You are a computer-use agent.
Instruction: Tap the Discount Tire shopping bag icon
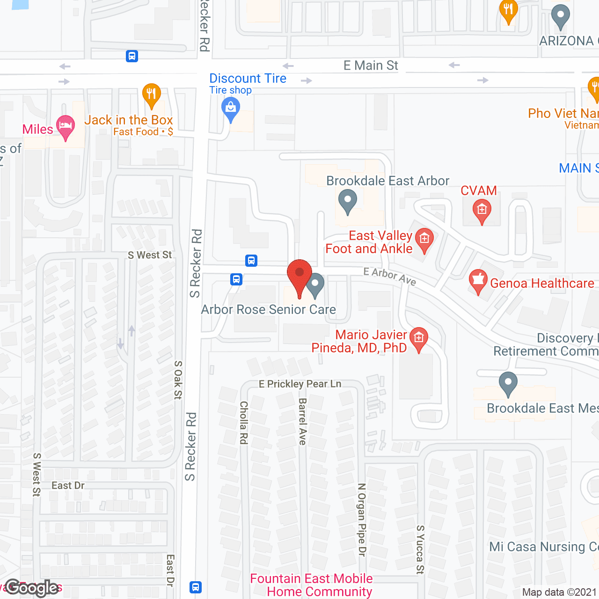click(x=230, y=109)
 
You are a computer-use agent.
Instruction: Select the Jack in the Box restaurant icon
click(x=151, y=95)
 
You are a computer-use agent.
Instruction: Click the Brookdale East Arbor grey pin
click(x=347, y=201)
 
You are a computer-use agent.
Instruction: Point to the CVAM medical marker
click(x=482, y=211)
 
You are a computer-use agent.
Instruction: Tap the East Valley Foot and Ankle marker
click(x=424, y=240)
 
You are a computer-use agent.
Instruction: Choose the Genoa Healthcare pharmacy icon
click(x=478, y=281)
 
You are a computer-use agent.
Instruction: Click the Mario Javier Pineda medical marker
click(x=418, y=338)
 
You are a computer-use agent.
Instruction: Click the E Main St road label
click(x=371, y=66)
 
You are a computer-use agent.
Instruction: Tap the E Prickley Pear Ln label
click(x=300, y=384)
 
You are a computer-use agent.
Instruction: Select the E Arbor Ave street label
click(x=390, y=276)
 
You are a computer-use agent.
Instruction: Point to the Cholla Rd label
click(x=243, y=422)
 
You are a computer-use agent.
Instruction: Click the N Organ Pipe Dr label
click(x=361, y=519)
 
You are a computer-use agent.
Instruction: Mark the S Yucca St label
click(x=420, y=549)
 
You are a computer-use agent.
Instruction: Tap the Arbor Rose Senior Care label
click(x=269, y=310)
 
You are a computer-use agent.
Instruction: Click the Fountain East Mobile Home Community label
click(x=312, y=585)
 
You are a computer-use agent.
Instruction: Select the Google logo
click(x=32, y=588)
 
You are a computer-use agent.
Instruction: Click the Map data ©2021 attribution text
click(x=559, y=592)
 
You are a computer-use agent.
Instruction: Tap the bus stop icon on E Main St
click(x=132, y=57)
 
